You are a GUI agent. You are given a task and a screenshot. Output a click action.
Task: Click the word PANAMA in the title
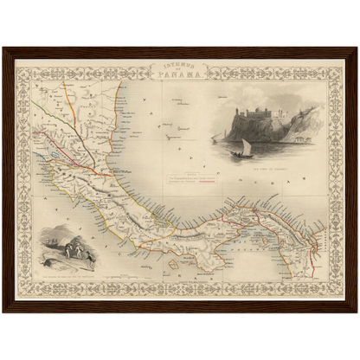coord(180,74)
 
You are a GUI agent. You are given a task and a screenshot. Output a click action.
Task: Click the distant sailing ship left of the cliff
coord(214,137)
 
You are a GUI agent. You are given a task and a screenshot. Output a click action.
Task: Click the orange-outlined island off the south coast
coord(173,261)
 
